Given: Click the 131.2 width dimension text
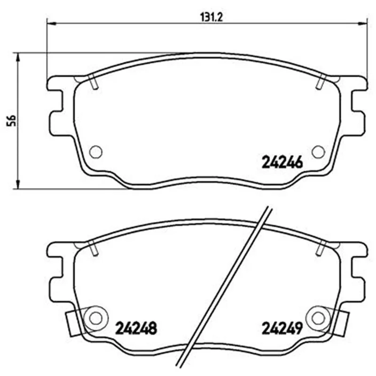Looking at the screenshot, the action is (211, 17).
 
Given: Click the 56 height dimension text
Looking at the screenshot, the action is (11, 121).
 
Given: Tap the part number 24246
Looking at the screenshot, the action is (282, 162).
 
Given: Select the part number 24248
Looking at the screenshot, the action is (136, 328).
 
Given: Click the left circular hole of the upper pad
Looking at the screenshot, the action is (96, 152).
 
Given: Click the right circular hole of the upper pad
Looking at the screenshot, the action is (319, 152).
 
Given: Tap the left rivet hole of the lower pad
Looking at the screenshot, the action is (96, 318).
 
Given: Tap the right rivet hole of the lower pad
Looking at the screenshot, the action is (319, 318).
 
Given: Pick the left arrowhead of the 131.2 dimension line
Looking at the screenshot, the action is (51, 23).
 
